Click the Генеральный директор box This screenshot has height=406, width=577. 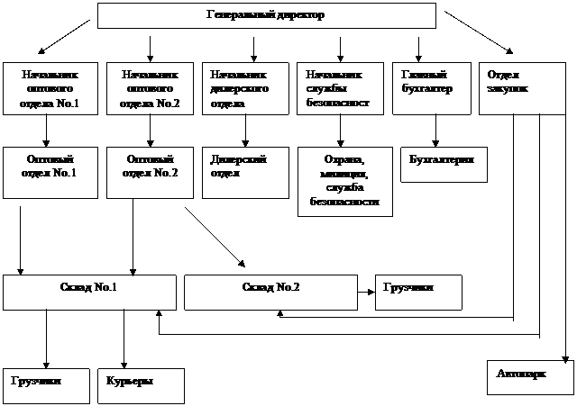pyautogui.click(x=266, y=16)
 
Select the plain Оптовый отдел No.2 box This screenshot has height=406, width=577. pyautogui.click(x=150, y=172)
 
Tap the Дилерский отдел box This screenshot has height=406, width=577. pyautogui.click(x=246, y=172)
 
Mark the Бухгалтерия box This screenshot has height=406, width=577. pyautogui.click(x=443, y=164)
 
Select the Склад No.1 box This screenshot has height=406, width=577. pyautogui.click(x=89, y=293)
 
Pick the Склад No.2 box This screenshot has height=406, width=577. pyautogui.click(x=271, y=293)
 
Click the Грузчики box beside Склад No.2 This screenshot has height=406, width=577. pyautogui.click(x=418, y=293)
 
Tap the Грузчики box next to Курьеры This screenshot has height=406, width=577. pyautogui.click(x=46, y=385)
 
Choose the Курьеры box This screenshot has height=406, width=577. pyautogui.click(x=141, y=385)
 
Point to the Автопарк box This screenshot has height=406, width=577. pyautogui.click(x=529, y=377)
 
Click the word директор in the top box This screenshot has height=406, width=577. pyautogui.click(x=297, y=16)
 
